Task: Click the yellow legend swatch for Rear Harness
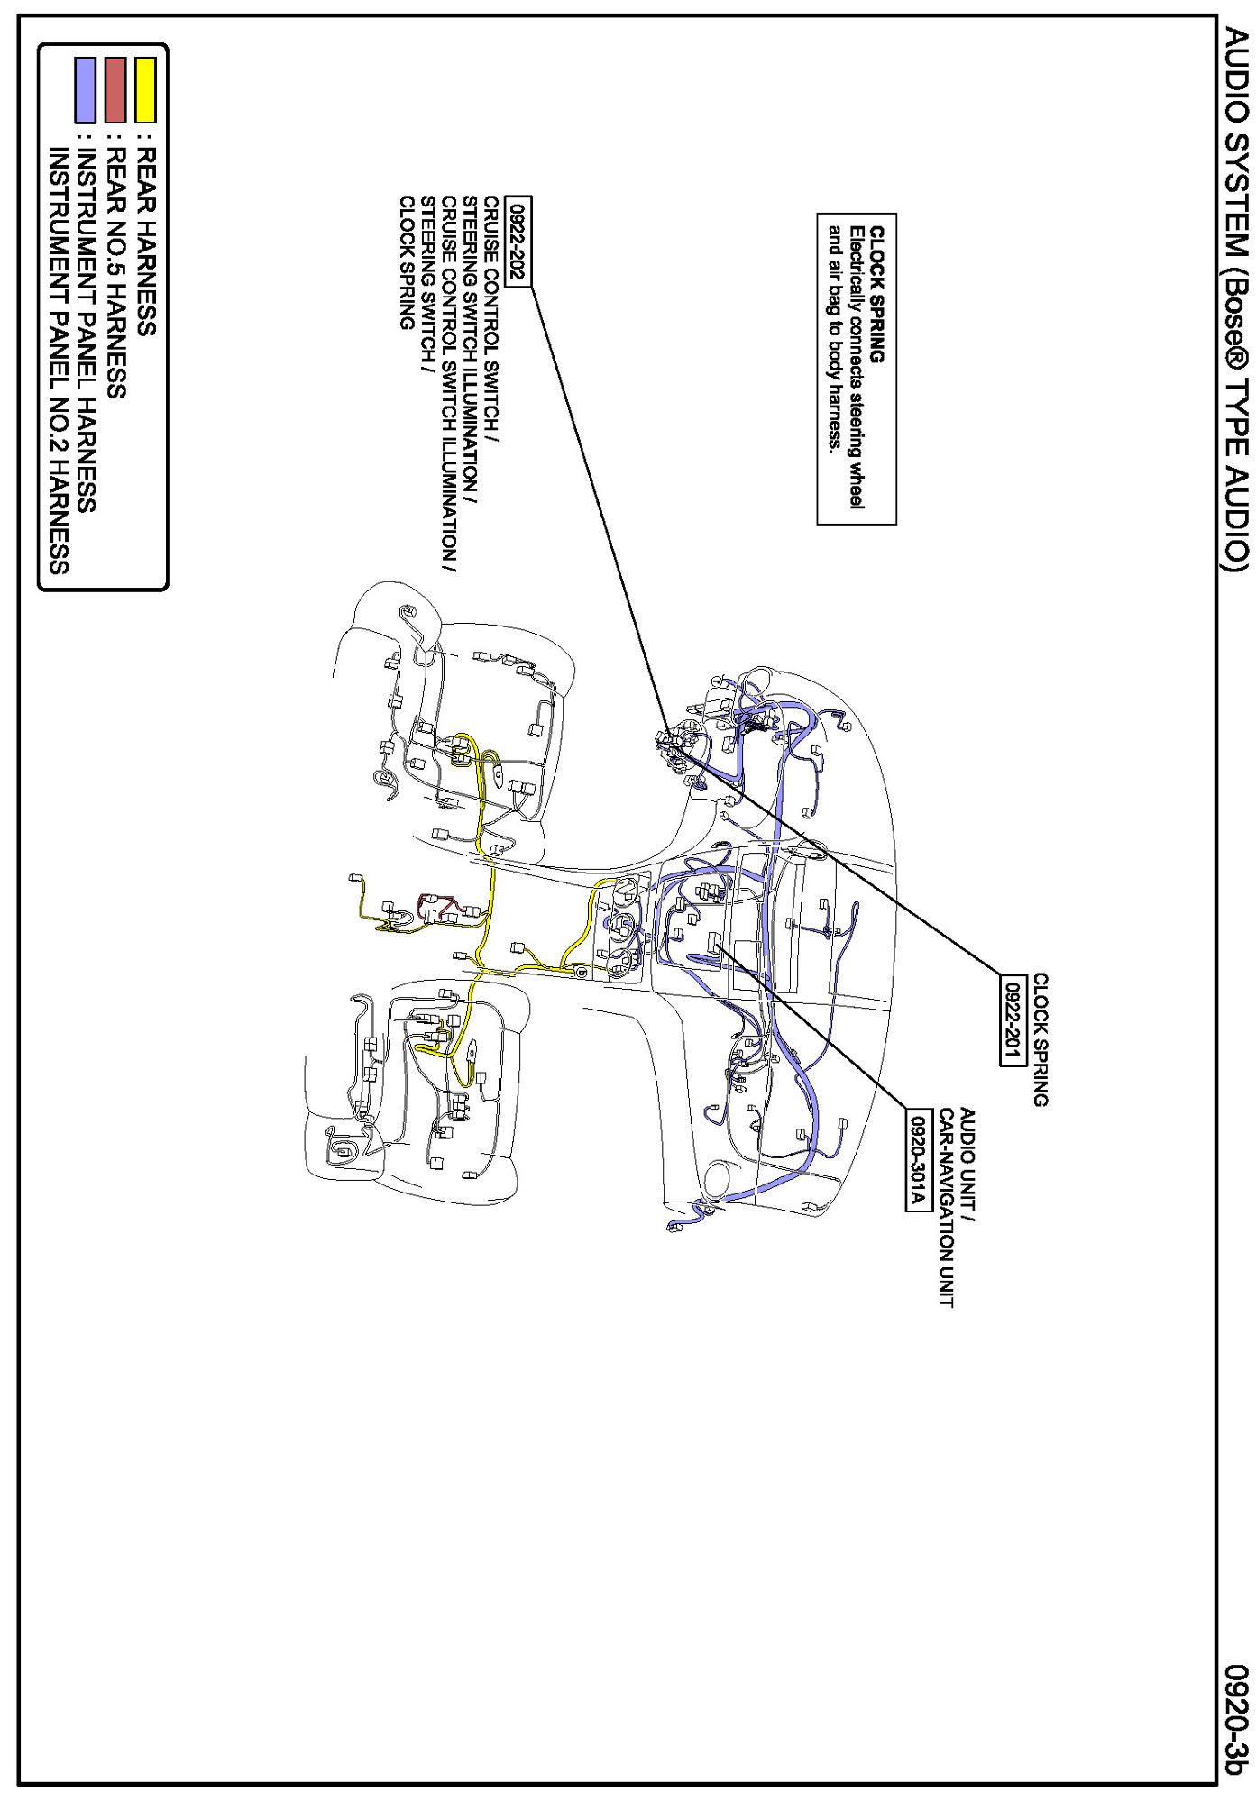(145, 89)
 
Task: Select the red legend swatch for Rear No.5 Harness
(115, 89)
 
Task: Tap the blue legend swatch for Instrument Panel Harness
(86, 89)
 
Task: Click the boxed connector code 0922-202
(518, 241)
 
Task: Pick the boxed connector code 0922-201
(1013, 1019)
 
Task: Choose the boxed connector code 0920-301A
(919, 1160)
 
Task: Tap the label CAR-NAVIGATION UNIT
(946, 1208)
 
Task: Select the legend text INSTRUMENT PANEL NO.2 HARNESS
(59, 361)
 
